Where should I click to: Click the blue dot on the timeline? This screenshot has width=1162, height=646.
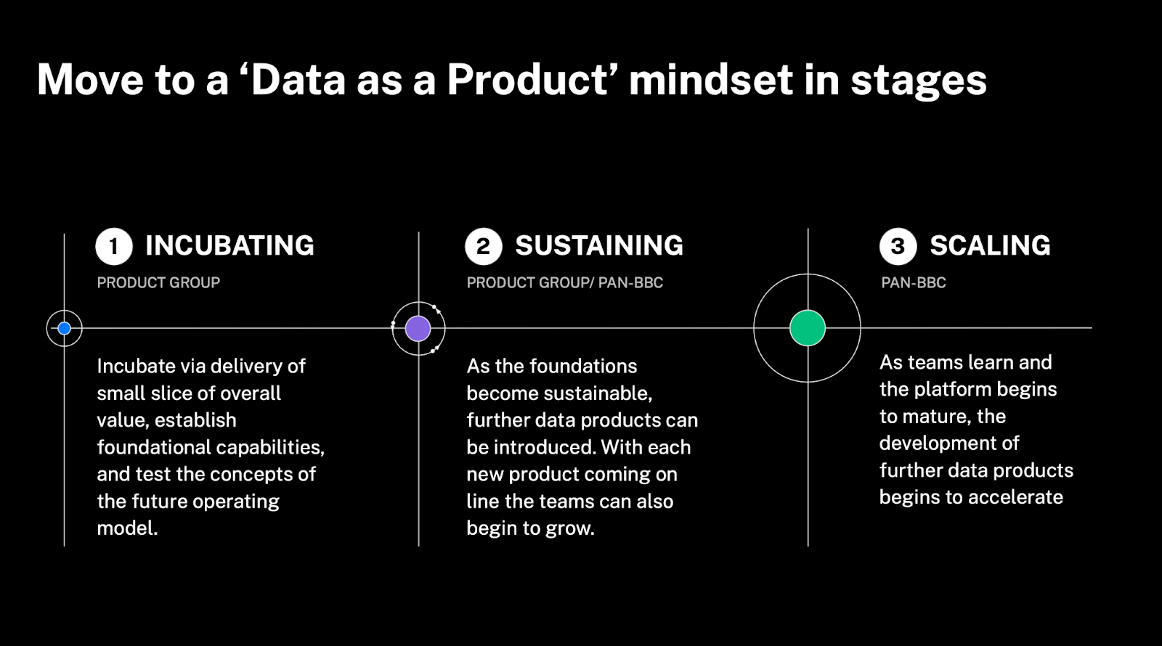pos(65,328)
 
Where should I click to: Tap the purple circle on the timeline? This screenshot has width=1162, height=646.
pos(418,328)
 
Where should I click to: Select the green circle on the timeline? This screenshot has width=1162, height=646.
pos(807,327)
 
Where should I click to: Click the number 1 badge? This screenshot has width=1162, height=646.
pos(114,246)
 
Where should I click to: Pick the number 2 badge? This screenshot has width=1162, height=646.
pos(484,246)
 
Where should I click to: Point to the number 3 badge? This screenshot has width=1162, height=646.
pos(898,246)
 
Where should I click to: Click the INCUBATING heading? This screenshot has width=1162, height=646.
pos(229,246)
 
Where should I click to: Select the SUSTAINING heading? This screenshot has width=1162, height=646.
pos(599,246)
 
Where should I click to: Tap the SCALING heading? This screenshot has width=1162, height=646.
pos(991,246)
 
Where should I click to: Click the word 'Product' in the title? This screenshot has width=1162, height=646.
pos(527,81)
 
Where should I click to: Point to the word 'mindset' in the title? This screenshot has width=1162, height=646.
pos(711,81)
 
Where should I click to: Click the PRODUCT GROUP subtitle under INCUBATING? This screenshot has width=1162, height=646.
pos(158,282)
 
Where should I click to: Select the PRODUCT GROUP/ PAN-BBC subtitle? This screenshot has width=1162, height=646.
pos(565,282)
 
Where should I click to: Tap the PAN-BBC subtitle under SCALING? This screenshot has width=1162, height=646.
pos(914,282)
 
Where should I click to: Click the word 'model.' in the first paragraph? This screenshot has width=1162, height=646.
pos(127,528)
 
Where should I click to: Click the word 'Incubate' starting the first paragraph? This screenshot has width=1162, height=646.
pos(135,366)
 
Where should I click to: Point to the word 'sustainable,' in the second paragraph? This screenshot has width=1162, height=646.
pos(598,393)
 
